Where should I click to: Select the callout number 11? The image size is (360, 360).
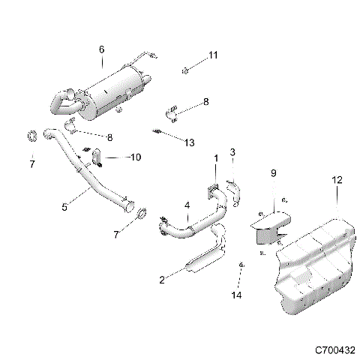[x=212, y=55]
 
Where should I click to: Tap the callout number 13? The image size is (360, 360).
[x=189, y=142]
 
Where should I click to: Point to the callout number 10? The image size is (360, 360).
[x=136, y=157]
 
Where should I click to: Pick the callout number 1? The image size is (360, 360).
[x=217, y=158]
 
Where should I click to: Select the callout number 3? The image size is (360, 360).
[x=232, y=153]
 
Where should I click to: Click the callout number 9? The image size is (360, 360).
[x=273, y=173]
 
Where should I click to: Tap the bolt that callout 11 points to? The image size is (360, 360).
[x=184, y=71]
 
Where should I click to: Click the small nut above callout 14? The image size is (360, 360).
[x=241, y=267]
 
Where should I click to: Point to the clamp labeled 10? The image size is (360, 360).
[x=97, y=156]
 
